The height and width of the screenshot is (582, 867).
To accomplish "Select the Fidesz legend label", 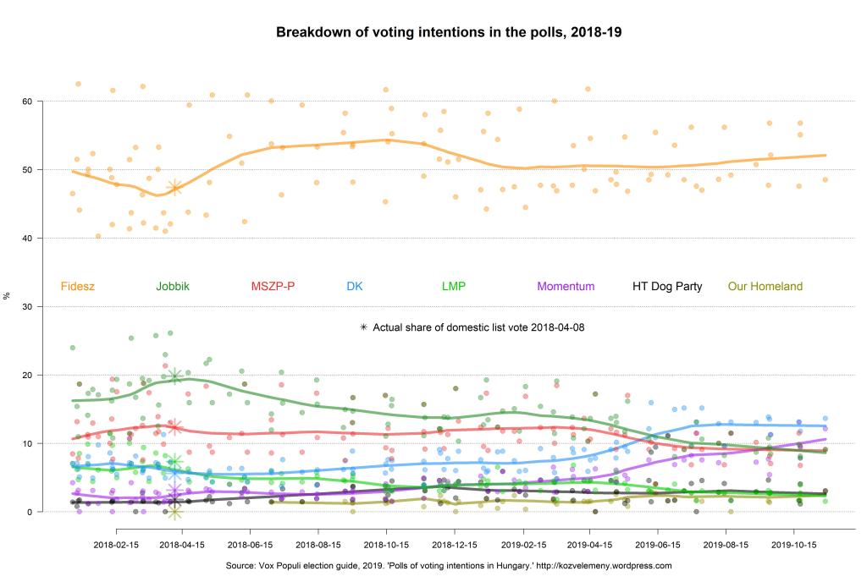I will click(x=78, y=287).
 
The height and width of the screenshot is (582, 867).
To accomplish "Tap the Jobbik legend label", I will click(x=173, y=287).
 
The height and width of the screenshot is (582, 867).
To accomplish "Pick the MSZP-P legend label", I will click(x=273, y=287).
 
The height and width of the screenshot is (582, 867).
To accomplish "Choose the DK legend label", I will click(x=355, y=287).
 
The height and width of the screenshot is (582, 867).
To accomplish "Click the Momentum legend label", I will click(x=566, y=287).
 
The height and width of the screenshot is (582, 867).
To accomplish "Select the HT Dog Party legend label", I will click(x=667, y=287).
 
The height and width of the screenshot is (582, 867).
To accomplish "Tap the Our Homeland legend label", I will click(x=765, y=287).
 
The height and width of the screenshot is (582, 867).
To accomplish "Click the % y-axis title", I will click(x=8, y=295).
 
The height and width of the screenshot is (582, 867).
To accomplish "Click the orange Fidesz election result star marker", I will click(x=174, y=187).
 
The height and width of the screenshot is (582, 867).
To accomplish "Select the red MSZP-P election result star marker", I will click(x=174, y=427).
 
